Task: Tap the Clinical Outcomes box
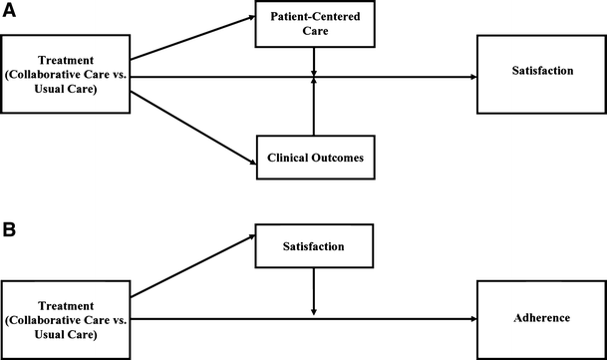click(314, 158)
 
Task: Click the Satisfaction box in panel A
click(538, 75)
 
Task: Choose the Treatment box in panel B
click(67, 317)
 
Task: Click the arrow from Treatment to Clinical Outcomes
click(194, 125)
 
